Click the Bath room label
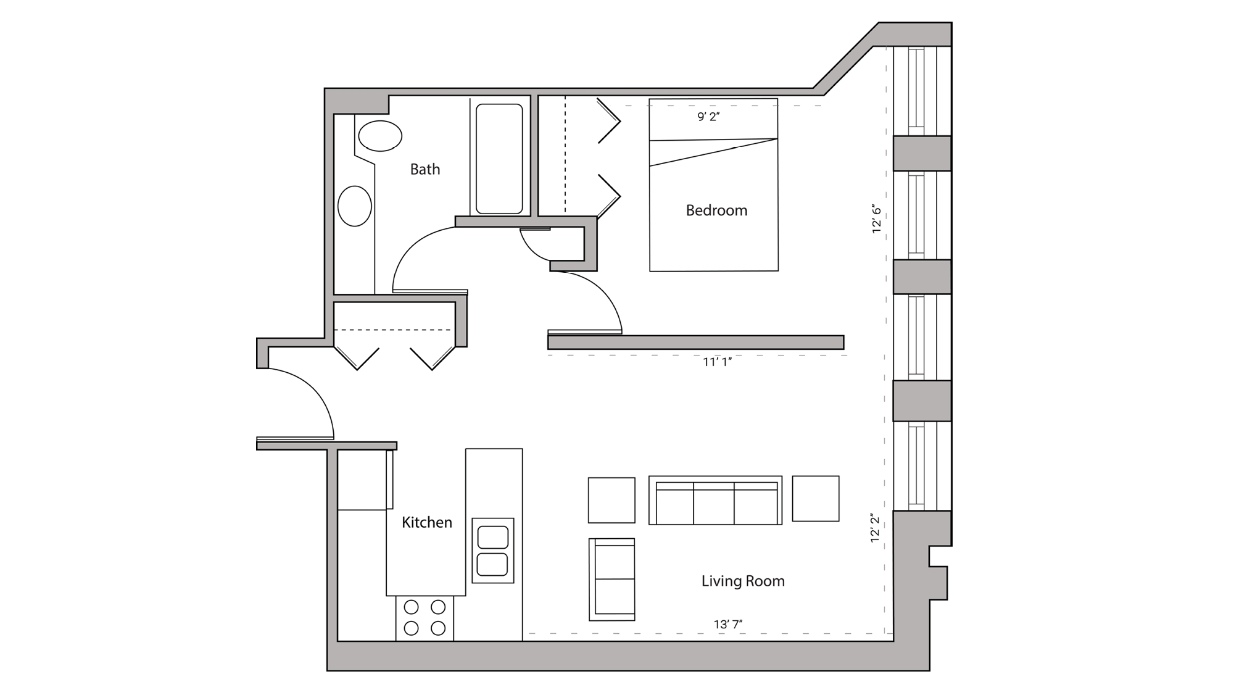(x=425, y=169)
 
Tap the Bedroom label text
(x=716, y=210)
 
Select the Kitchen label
(x=426, y=522)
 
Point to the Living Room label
(x=743, y=581)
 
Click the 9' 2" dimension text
(x=708, y=117)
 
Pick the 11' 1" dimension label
(x=717, y=362)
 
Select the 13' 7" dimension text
(x=728, y=625)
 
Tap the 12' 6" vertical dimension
(x=877, y=220)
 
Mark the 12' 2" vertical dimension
(x=876, y=528)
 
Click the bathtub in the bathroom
(x=499, y=159)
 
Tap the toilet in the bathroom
(x=380, y=136)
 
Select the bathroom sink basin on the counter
(x=355, y=206)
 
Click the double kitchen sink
(x=492, y=551)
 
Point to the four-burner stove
(x=424, y=618)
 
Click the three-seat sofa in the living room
(x=715, y=501)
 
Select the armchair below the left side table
(x=611, y=579)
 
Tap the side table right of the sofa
(x=815, y=498)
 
